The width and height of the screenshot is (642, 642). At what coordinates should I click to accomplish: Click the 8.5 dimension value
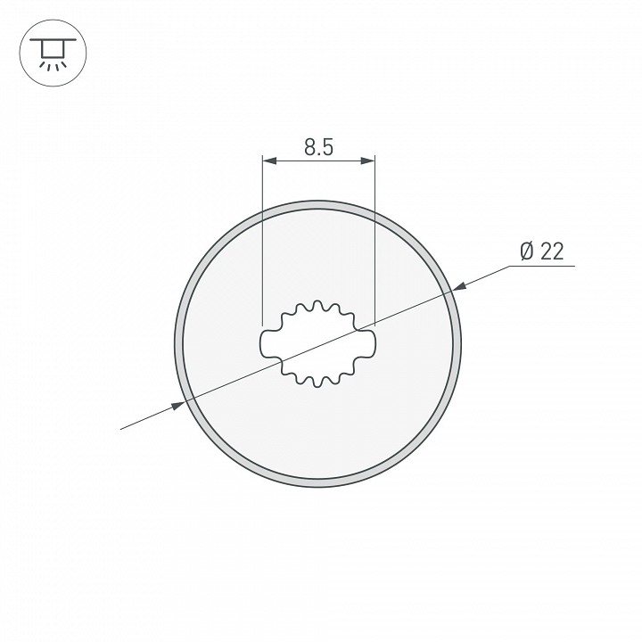[318, 148]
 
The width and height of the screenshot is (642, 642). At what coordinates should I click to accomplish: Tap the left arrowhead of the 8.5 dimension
[267, 160]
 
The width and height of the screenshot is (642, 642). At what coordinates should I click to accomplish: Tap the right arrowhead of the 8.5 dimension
[367, 160]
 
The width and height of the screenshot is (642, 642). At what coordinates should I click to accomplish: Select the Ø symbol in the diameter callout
[526, 252]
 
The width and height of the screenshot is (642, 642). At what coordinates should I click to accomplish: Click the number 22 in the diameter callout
[552, 252]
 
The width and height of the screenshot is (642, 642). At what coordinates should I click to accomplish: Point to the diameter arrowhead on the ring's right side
[458, 287]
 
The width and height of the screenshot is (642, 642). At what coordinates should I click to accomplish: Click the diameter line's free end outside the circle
[121, 429]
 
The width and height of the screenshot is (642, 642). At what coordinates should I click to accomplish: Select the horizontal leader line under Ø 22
[544, 266]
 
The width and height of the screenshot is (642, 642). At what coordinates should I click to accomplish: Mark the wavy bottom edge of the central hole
[318, 379]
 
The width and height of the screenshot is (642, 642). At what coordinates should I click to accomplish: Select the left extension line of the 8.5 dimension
[262, 241]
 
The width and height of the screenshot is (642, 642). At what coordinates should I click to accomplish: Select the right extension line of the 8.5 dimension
[374, 241]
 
